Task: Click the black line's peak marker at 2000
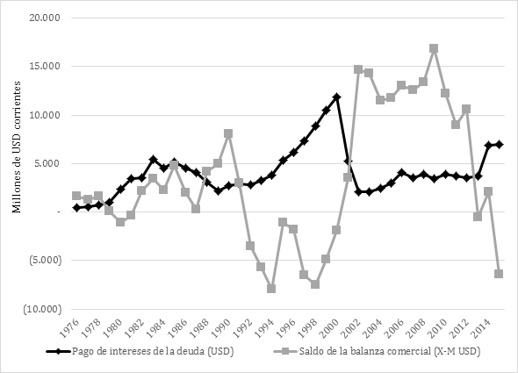(x=336, y=97)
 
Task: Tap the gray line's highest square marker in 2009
(x=434, y=48)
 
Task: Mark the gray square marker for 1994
(x=271, y=289)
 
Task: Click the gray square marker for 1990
(x=228, y=133)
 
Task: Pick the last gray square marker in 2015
(x=499, y=274)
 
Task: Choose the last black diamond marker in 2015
(x=499, y=144)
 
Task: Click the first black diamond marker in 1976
(x=76, y=208)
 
